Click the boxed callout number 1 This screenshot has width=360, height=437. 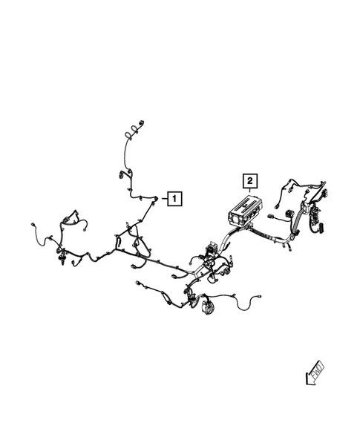pos(174,199)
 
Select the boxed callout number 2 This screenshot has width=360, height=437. pos(250,181)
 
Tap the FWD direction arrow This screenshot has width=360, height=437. pos(315,373)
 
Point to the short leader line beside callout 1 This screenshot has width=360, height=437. pos(164,199)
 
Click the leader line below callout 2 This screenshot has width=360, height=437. pos(250,191)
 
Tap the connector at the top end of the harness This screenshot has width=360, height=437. pos(142,123)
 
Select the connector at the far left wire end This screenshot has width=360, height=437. pos(33,224)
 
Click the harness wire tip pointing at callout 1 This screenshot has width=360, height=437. pos(156,198)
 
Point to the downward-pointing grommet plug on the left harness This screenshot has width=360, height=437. pos(62,260)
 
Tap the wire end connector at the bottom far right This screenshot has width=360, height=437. pos(259,297)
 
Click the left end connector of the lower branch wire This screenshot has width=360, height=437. pos(137,283)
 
